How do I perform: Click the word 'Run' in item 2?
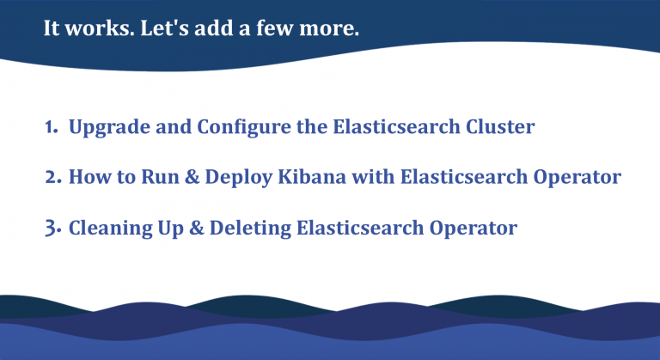pyautogui.click(x=142, y=178)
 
